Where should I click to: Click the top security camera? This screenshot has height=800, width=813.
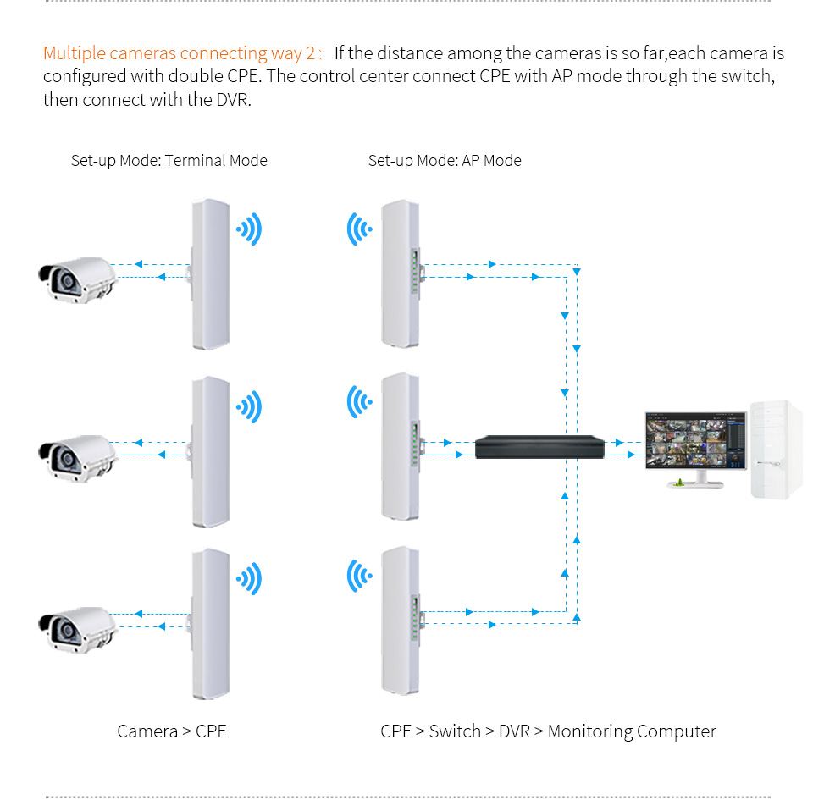coord(75,280)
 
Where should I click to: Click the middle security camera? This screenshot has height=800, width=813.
coord(75,457)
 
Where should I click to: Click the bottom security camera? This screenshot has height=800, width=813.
coord(75,631)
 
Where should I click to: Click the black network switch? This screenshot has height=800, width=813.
coord(540,446)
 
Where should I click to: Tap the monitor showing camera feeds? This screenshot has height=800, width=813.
coord(695,441)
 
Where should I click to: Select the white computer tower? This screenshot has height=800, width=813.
coord(776,449)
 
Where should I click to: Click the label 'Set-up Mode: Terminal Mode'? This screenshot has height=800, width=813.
coord(169,161)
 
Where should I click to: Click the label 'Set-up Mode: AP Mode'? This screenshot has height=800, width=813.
coord(445,161)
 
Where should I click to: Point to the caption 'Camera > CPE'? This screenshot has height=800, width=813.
coord(172,731)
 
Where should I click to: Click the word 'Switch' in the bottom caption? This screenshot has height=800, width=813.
coord(455,731)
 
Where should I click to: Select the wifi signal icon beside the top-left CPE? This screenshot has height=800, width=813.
coord(250,229)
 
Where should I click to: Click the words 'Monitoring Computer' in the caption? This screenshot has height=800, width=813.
coord(632,731)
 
